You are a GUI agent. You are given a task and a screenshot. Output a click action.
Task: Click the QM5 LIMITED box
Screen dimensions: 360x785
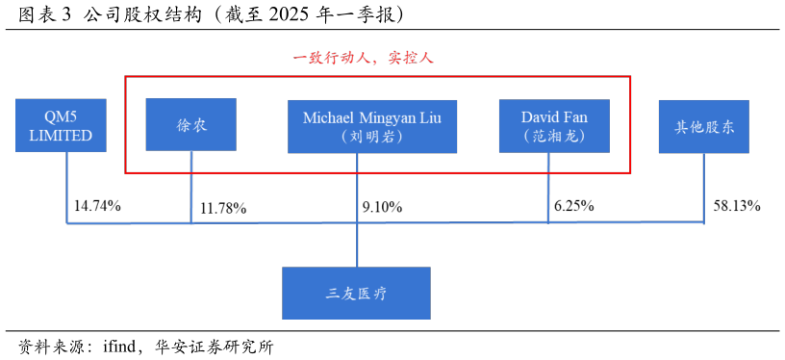[x=61, y=125]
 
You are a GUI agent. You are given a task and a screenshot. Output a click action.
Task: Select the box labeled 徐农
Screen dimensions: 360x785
[x=190, y=124]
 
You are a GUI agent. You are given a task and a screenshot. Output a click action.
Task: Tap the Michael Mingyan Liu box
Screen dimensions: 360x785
[x=371, y=126]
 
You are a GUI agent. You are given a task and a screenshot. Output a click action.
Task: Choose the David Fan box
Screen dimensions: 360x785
[x=554, y=126]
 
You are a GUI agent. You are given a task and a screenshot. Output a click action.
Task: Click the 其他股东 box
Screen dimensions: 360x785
[x=703, y=126]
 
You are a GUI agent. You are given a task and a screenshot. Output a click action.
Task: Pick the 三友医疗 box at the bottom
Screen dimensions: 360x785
[x=356, y=293]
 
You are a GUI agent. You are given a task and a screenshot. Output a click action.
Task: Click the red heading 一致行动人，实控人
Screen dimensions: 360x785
[x=364, y=58]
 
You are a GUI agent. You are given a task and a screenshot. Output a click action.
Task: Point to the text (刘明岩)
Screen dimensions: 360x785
[x=371, y=137]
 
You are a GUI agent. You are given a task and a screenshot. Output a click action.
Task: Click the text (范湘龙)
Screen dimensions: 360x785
[x=554, y=137]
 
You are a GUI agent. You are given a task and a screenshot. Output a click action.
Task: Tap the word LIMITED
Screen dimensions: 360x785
[x=61, y=136]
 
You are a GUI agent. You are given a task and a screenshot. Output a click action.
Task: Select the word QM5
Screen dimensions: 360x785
[x=61, y=117]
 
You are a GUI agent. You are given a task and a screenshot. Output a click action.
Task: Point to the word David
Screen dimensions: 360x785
[x=541, y=117]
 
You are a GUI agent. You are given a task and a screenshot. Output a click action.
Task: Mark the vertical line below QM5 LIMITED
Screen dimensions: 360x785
[x=67, y=188]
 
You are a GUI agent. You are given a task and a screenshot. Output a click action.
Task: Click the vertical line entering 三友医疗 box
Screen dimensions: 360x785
[x=357, y=245]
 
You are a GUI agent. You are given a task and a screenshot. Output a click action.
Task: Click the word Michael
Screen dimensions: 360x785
[x=329, y=117]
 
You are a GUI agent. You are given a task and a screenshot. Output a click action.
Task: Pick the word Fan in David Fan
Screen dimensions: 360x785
[x=575, y=117]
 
